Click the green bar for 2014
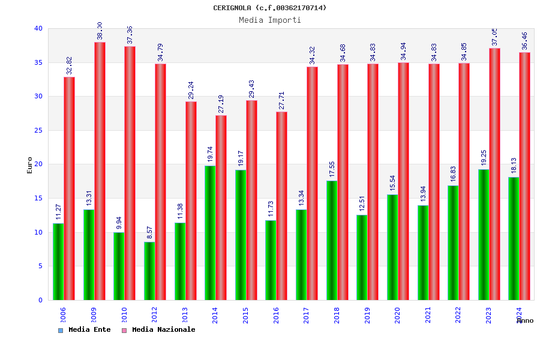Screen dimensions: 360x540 click(210, 233)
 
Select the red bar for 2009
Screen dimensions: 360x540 click(100, 171)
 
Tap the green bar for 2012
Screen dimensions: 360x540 click(149, 271)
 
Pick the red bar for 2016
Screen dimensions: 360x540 click(282, 206)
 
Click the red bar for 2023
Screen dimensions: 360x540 click(494, 174)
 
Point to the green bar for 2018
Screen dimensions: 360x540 click(332, 240)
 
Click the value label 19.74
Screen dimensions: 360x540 click(210, 154)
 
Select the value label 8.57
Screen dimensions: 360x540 click(149, 231)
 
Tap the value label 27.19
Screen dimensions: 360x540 click(221, 104)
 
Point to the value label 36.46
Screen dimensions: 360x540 click(525, 41)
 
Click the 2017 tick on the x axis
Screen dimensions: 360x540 click(307, 315)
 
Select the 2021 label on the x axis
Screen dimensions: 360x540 click(428, 315)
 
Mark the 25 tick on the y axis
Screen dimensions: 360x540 click(38, 130)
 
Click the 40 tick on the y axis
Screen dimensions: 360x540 click(38, 28)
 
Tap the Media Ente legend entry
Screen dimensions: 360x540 click(85, 330)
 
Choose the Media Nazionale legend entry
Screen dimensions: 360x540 click(159, 330)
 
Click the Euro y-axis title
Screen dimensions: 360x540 click(30, 165)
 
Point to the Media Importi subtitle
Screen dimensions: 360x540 click(270, 20)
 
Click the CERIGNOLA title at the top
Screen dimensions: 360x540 click(270, 8)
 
